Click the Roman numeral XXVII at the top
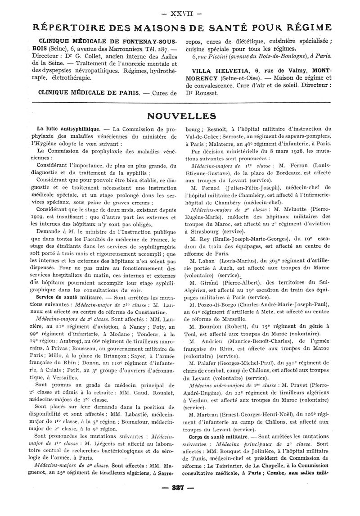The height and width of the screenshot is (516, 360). point(180,8)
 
